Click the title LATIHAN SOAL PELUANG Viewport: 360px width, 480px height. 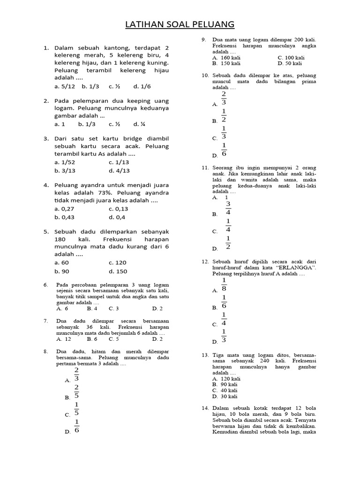[180, 24]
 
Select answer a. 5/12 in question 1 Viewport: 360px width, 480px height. [64, 86]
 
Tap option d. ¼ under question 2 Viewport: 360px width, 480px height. [139, 124]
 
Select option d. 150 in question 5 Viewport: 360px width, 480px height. [118, 271]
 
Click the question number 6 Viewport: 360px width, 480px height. [46, 285]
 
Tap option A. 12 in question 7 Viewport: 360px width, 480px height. [64, 338]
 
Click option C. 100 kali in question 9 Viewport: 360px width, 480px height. [291, 58]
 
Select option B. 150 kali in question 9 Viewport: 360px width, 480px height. [226, 63]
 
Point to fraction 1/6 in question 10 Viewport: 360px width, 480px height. [224, 150]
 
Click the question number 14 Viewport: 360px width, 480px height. [205, 408]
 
